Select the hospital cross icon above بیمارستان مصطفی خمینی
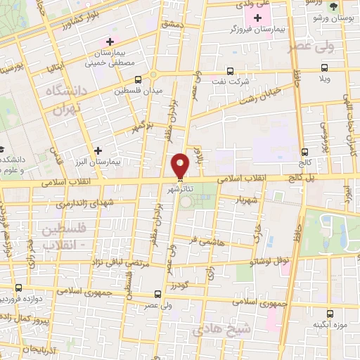tap(109, 42)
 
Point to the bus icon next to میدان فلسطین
tap(137, 79)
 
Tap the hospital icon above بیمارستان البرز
tap(98, 150)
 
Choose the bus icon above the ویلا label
tap(323, 68)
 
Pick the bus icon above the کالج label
tap(304, 151)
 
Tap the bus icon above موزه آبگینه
tap(330, 314)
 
